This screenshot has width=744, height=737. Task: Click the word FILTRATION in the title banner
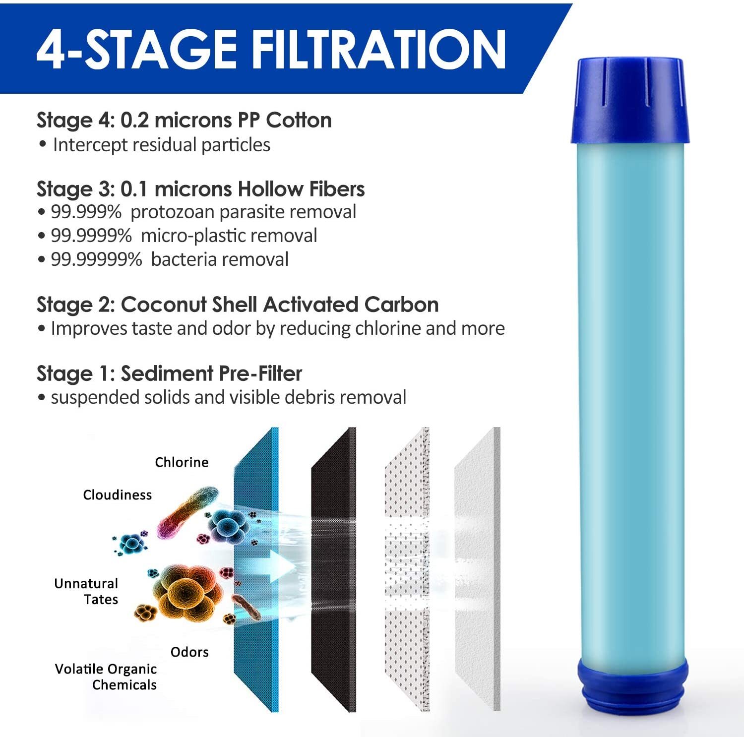[379, 49]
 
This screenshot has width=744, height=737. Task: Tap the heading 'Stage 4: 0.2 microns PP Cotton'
[184, 121]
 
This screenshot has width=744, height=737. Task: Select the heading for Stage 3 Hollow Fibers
[200, 189]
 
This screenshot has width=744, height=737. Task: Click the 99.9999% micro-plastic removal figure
[91, 236]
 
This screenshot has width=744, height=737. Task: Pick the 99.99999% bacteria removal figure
[96, 260]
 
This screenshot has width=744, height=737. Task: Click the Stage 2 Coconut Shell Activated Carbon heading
[238, 305]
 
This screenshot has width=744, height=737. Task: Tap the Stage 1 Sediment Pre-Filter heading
[169, 373]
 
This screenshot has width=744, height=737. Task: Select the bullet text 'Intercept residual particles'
[161, 145]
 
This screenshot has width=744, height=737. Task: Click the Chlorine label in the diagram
[182, 462]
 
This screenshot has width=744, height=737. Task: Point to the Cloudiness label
[117, 495]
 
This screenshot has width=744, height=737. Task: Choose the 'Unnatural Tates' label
[87, 591]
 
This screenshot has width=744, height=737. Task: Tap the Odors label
[189, 652]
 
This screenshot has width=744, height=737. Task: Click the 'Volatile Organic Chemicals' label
[106, 677]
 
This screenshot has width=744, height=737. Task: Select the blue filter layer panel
[256, 570]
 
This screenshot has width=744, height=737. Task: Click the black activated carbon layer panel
[333, 570]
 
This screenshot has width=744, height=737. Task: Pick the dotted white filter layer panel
[407, 570]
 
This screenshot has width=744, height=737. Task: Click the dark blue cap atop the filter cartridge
[630, 99]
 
